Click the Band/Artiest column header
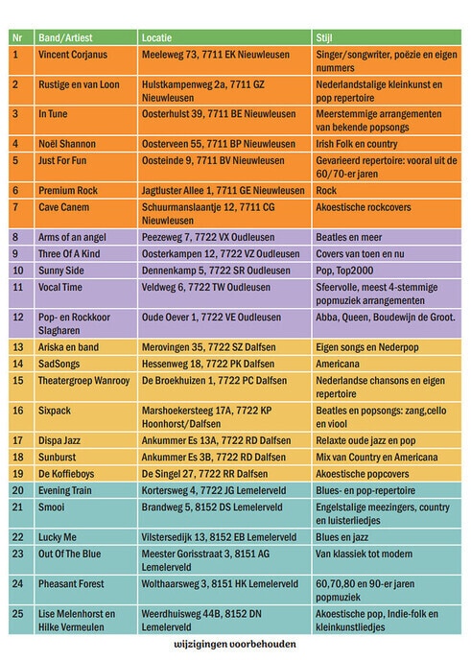tap(65, 37)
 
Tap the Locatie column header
tap(156, 37)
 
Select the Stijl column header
tap(324, 37)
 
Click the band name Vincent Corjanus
tap(73, 55)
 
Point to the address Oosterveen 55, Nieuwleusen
tap(219, 144)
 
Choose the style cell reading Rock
tap(326, 191)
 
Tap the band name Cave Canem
tap(63, 207)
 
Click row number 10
tap(18, 271)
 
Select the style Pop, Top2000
tap(344, 271)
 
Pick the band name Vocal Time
tap(60, 288)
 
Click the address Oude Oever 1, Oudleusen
tap(211, 318)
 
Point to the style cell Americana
tap(338, 365)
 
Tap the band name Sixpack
tap(55, 411)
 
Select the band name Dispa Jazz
tap(59, 440)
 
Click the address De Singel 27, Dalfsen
tap(204, 474)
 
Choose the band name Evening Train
tap(65, 491)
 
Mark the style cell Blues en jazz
tap(342, 537)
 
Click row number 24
tap(17, 584)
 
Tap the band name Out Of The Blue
tap(69, 554)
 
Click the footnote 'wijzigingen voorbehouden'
tap(235, 644)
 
